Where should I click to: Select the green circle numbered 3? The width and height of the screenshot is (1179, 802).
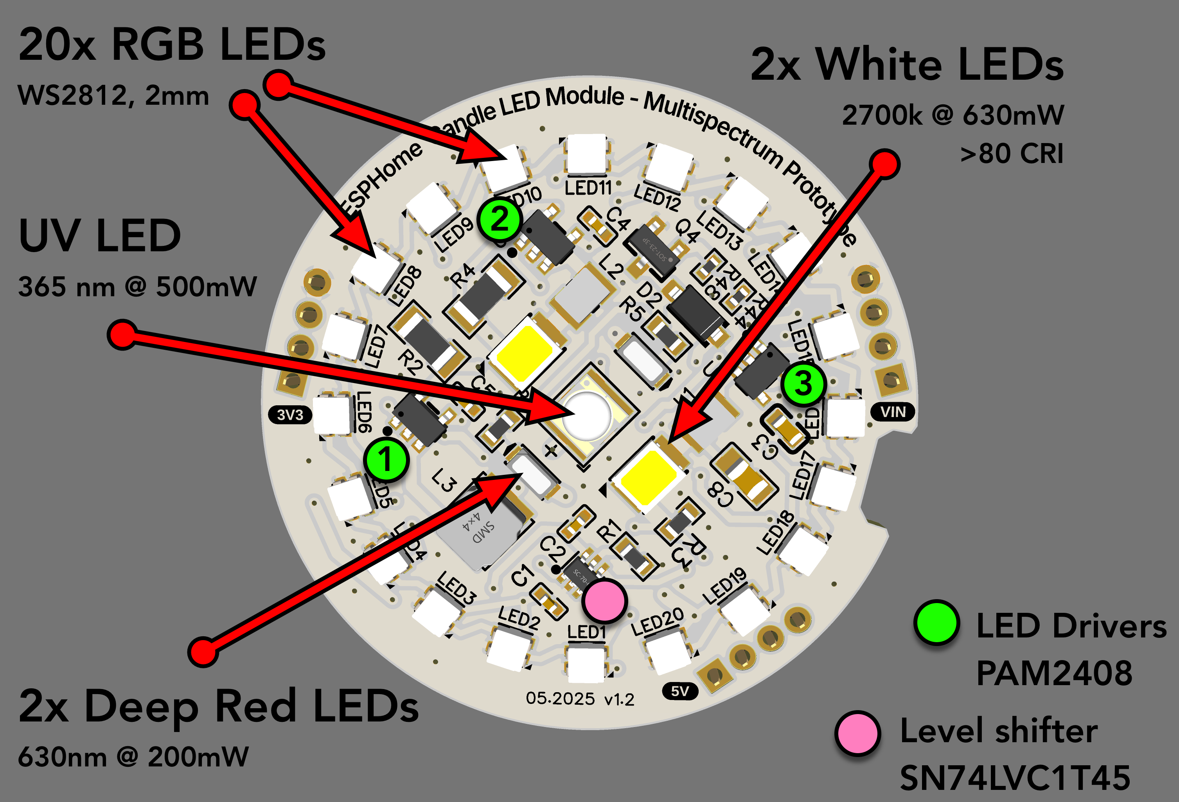click(x=803, y=383)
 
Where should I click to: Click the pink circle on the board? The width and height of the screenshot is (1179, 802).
click(x=604, y=601)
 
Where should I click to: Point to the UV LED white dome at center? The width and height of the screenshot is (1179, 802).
click(x=587, y=415)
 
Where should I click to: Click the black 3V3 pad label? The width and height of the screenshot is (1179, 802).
click(x=290, y=415)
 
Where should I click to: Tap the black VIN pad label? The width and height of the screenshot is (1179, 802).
click(x=893, y=412)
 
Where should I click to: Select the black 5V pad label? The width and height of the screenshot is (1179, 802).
click(x=680, y=691)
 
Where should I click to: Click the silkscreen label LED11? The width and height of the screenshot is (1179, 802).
click(x=588, y=188)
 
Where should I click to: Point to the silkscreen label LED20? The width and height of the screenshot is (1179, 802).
click(x=658, y=621)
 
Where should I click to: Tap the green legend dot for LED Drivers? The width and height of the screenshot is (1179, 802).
click(x=936, y=623)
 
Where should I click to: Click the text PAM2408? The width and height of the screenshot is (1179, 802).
click(x=1054, y=673)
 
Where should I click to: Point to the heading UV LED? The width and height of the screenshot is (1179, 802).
click(x=99, y=236)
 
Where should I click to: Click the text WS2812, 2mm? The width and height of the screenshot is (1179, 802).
click(x=113, y=95)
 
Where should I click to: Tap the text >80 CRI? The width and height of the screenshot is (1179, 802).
click(x=1012, y=153)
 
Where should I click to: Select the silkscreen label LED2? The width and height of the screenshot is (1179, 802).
click(x=518, y=618)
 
